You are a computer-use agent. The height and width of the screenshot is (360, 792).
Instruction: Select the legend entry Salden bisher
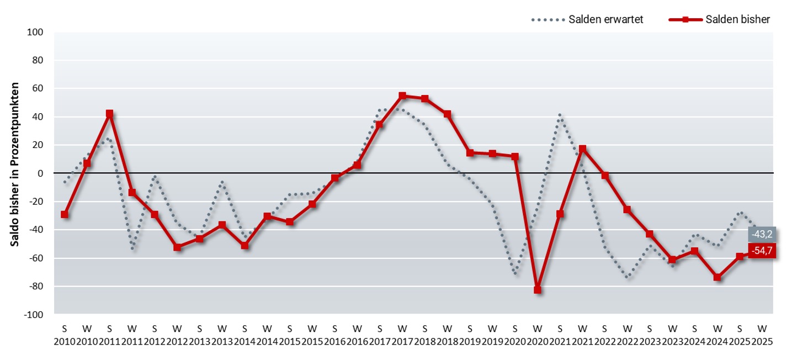click(x=736, y=19)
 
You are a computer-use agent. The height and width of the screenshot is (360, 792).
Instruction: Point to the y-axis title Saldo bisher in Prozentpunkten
click(x=15, y=165)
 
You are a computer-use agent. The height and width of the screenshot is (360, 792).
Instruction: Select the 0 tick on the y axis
click(x=40, y=173)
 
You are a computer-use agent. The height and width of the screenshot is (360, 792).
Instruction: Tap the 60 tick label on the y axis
click(x=38, y=89)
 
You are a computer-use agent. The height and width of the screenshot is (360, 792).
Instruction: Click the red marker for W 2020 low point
click(x=538, y=290)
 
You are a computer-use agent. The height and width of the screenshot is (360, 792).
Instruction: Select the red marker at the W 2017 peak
click(x=402, y=96)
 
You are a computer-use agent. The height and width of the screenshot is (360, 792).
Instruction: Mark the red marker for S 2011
click(x=109, y=114)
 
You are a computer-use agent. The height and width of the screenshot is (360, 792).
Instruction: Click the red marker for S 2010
click(x=65, y=214)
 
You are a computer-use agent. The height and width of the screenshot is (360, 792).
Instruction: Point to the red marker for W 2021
click(x=582, y=149)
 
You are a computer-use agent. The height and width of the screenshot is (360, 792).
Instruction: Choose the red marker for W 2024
click(x=717, y=277)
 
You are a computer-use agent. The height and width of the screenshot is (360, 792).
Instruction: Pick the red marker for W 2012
click(x=177, y=247)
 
